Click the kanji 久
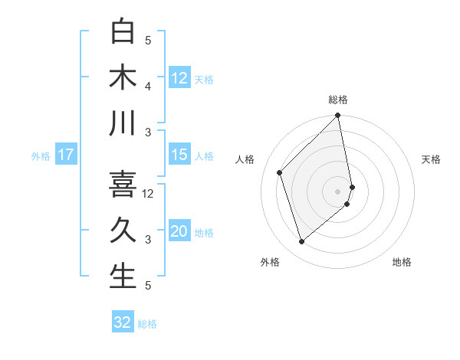[x=123, y=230]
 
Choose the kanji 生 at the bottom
[x=123, y=276]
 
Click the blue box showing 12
[x=179, y=77]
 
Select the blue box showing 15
[x=179, y=155]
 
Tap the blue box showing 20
[x=179, y=232]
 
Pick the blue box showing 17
[x=66, y=155]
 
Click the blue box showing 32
[x=123, y=322]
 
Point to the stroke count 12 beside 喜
[x=149, y=193]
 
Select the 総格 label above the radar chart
[x=338, y=100]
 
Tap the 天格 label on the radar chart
[x=432, y=159]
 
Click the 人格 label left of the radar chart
[x=245, y=159]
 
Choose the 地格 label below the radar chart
[x=402, y=262]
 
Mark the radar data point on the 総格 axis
[x=338, y=116]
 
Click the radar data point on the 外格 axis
[x=301, y=242]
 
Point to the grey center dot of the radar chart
[x=338, y=191]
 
